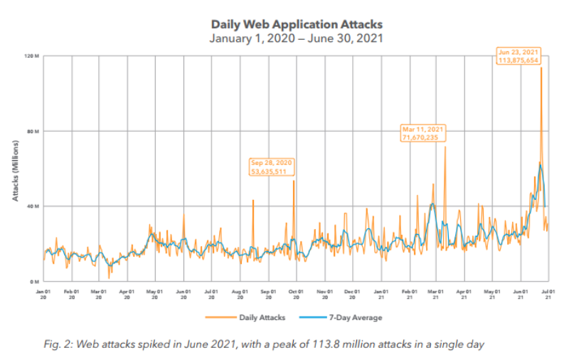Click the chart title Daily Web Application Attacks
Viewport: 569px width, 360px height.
[x=296, y=24]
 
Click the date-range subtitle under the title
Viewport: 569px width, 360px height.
[x=296, y=38]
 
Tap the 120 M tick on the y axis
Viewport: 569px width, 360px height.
[x=32, y=55]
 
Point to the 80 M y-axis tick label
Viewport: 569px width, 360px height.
[x=33, y=131]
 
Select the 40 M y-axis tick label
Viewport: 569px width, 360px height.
[x=33, y=206]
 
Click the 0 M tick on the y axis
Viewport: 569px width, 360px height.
[x=35, y=281]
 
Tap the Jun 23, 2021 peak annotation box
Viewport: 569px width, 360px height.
[x=519, y=56]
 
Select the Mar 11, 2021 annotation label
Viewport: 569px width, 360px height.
[x=422, y=132]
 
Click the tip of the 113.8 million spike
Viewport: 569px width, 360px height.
[x=541, y=68]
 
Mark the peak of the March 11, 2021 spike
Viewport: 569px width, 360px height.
[x=445, y=147]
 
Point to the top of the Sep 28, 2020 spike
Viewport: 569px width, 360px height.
[x=293, y=181]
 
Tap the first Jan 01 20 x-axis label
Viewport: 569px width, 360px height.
[x=43, y=294]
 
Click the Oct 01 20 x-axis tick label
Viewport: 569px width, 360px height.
[x=297, y=294]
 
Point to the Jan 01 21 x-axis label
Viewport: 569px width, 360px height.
[x=381, y=294]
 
